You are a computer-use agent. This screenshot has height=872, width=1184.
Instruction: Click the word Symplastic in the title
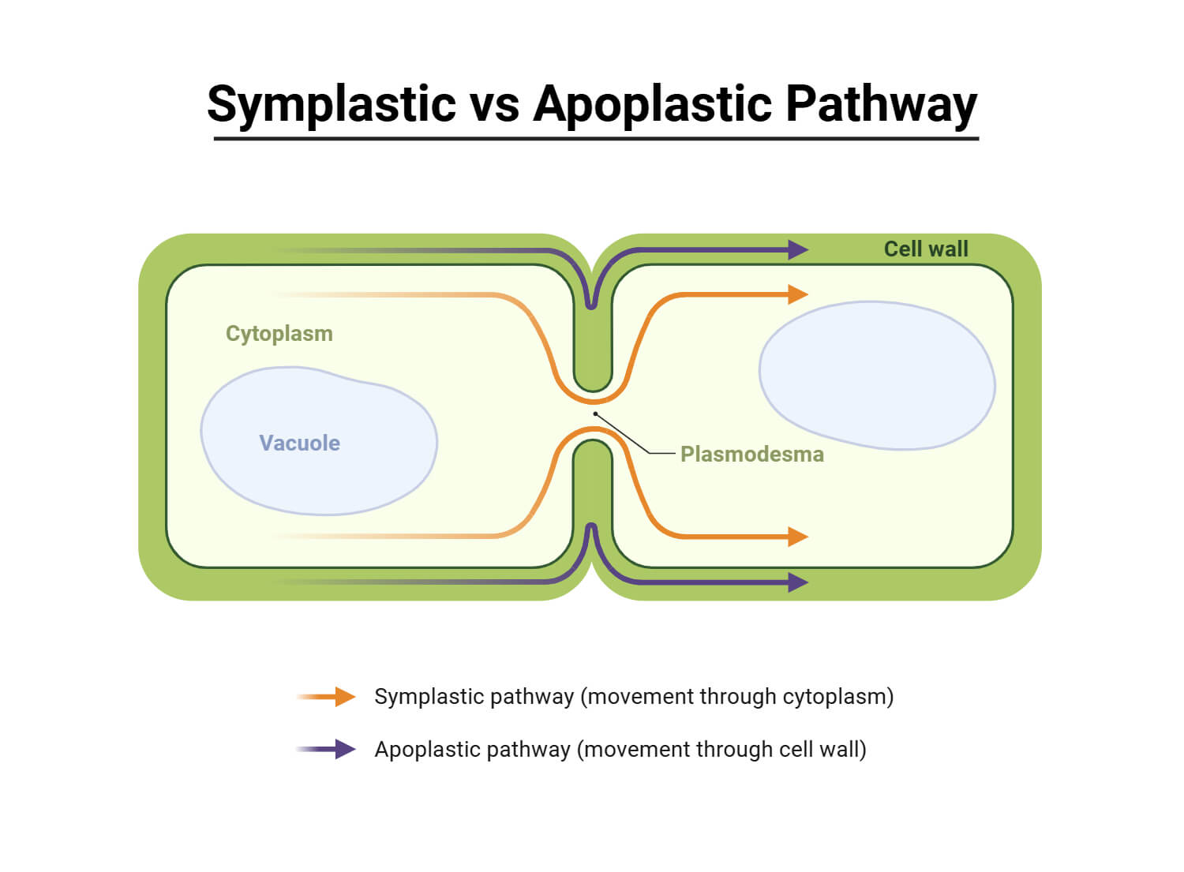tap(332, 104)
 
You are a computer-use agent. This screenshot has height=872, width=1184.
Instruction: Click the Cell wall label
tap(925, 249)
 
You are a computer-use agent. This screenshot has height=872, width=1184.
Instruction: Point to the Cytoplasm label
tap(279, 333)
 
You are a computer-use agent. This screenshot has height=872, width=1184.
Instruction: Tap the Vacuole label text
tap(299, 443)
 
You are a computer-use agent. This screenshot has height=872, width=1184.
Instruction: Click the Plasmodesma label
tap(751, 454)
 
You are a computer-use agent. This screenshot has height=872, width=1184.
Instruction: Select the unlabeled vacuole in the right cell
tap(876, 375)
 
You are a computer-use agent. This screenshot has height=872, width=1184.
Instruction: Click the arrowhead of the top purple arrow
tap(798, 250)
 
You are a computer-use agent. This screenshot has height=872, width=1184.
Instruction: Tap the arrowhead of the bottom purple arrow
tap(798, 582)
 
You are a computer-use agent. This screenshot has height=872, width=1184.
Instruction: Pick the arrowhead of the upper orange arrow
tap(798, 294)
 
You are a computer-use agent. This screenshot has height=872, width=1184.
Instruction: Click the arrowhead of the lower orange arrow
tap(798, 537)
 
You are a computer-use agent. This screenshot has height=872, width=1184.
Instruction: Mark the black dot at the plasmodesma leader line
tap(595, 414)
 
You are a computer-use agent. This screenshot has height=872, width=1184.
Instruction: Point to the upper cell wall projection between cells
tap(592, 347)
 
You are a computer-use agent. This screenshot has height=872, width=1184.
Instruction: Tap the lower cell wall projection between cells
tap(592, 481)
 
